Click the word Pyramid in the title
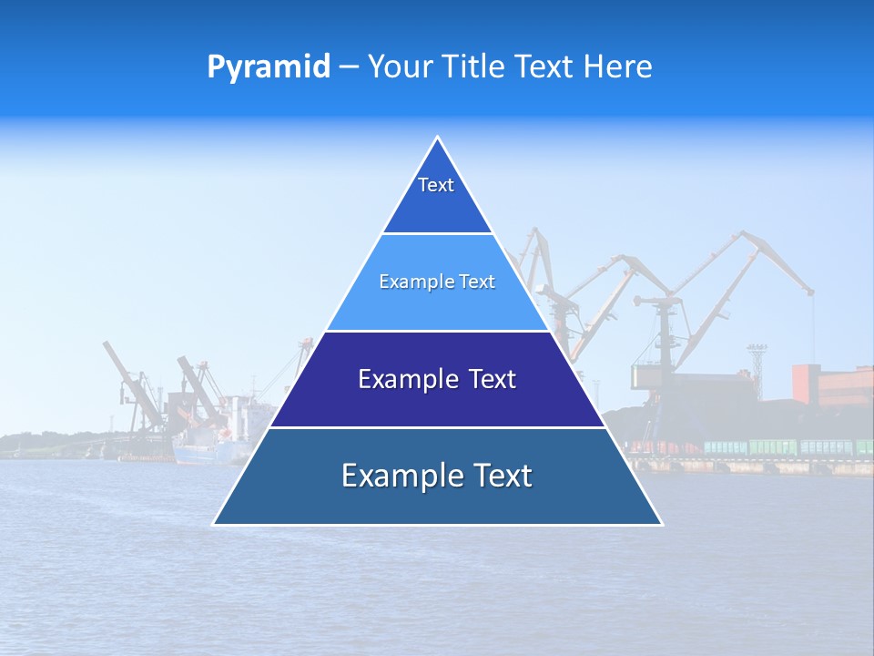(x=268, y=67)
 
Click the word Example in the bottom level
(x=398, y=476)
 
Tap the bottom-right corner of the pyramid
(x=661, y=524)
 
